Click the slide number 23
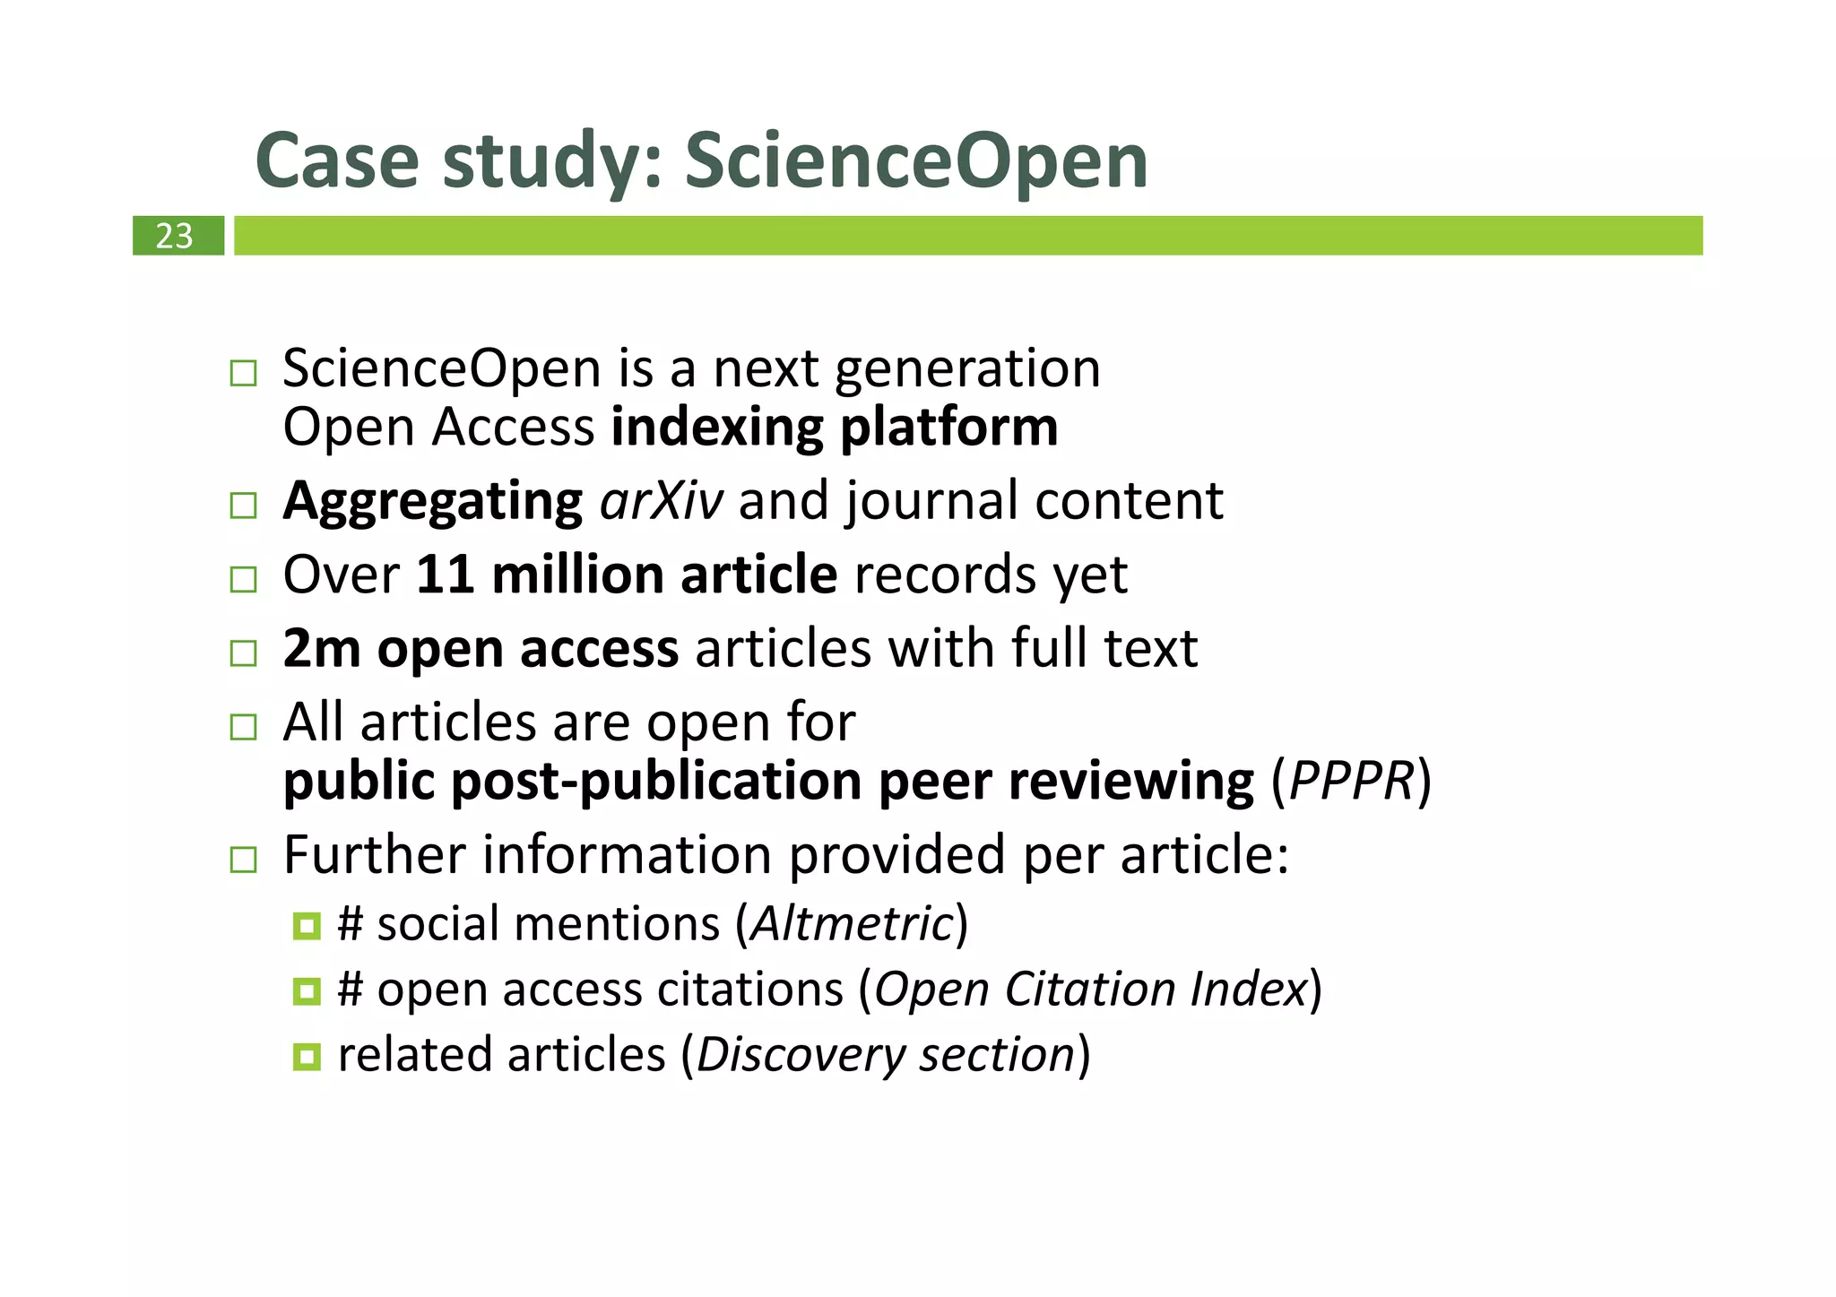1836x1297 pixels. coord(174,236)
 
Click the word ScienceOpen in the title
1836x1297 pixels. coord(915,161)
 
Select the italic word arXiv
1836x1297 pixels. coord(661,500)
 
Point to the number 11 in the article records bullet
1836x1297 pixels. coord(445,575)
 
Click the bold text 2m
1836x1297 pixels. coord(322,648)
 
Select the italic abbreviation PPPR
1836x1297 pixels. coord(1351,781)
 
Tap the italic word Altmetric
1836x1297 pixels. coord(852,924)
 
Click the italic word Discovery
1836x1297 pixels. coord(800,1055)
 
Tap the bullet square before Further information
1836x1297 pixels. coord(243,860)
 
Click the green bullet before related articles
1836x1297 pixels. coord(307,1057)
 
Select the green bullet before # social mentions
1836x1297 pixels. coord(307,926)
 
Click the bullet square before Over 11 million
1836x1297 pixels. coord(243,579)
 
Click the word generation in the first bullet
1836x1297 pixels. coord(967,368)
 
